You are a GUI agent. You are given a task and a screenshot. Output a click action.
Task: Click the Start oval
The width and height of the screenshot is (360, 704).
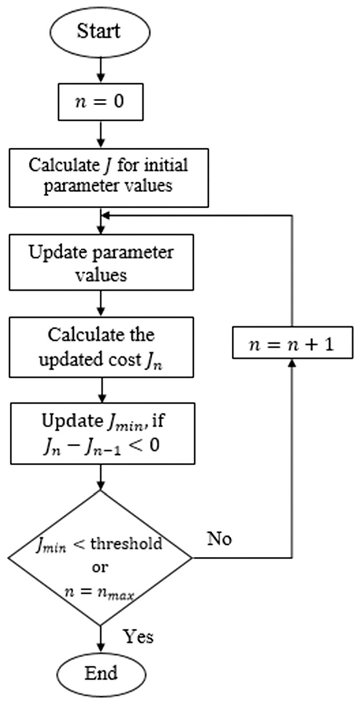100,32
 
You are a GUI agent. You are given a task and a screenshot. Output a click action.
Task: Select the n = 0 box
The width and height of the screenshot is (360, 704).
101,102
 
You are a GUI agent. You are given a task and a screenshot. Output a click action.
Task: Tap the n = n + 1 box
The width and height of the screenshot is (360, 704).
293,343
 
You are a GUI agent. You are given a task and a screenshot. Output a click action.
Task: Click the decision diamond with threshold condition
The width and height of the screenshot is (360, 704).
100,558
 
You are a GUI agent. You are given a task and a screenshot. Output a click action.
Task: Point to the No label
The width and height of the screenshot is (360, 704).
220,539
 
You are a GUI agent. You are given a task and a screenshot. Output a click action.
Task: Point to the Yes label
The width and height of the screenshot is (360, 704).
138,637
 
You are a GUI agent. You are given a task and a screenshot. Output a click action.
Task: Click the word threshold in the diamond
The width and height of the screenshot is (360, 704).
127,543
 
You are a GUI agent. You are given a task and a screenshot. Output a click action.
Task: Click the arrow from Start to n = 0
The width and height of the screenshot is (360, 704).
101,69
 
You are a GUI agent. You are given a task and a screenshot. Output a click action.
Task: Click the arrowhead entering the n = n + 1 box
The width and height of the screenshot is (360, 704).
292,363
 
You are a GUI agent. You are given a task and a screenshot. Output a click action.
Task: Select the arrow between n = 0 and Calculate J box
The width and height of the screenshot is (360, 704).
101,135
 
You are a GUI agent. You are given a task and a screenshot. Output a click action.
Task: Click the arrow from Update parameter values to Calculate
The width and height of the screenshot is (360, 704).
101,303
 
